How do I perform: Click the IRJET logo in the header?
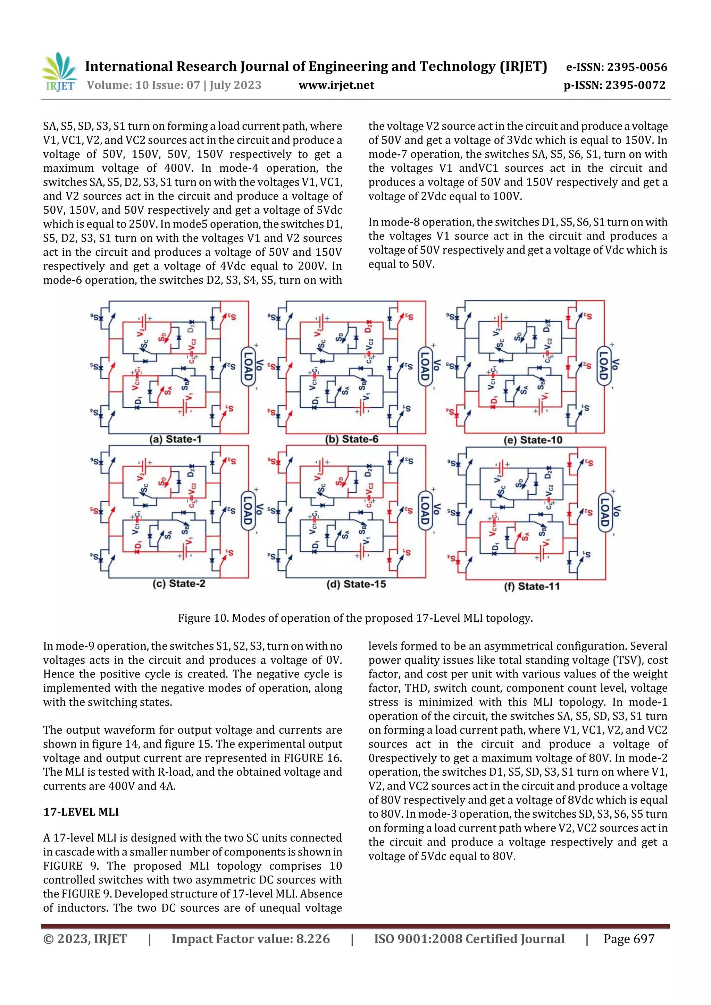click(x=59, y=72)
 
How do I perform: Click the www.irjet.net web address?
click(x=336, y=85)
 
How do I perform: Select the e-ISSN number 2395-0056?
click(x=637, y=67)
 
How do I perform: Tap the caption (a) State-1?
click(x=175, y=439)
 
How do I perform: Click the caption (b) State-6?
click(x=351, y=439)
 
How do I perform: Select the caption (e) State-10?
click(x=533, y=440)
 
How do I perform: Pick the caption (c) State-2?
click(x=179, y=584)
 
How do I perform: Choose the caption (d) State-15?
click(x=356, y=584)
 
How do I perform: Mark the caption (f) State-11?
click(x=532, y=586)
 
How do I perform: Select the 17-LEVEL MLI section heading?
click(x=81, y=812)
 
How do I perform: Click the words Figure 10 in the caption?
click(x=202, y=618)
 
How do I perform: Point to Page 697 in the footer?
click(x=629, y=938)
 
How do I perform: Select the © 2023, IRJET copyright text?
click(x=85, y=938)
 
